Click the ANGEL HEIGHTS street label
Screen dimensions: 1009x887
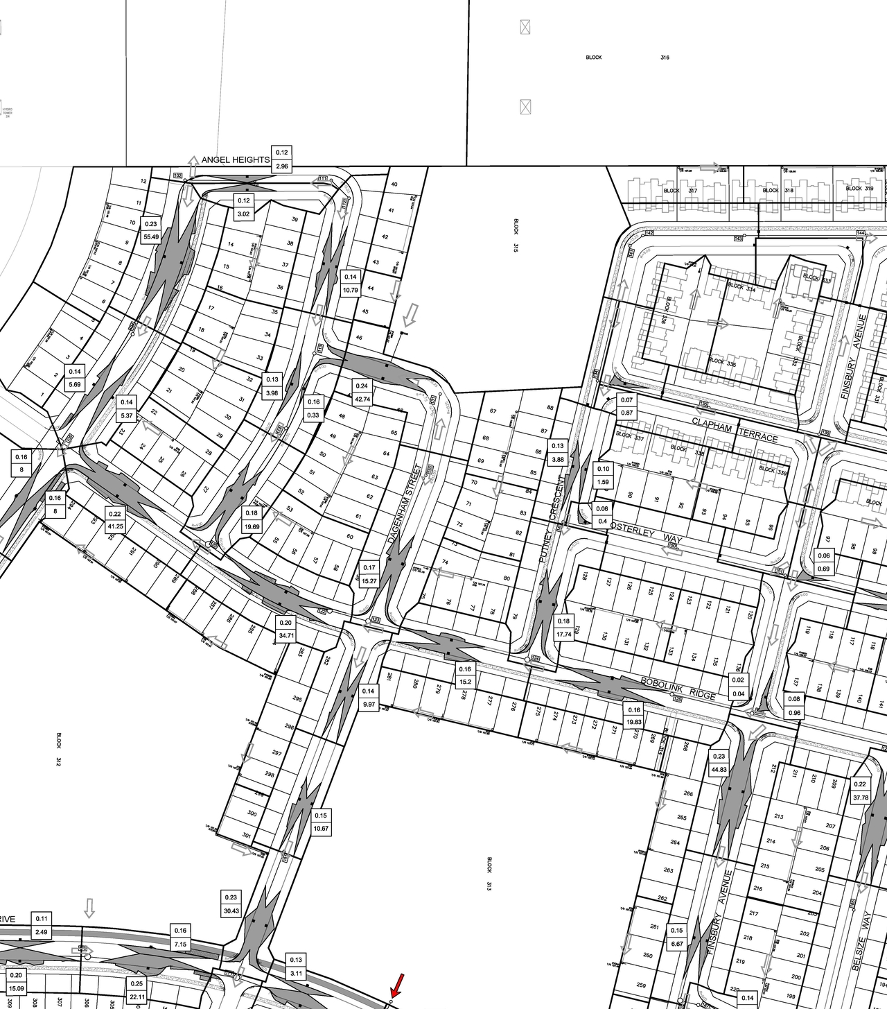tap(236, 160)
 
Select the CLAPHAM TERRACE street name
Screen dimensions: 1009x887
tap(735, 430)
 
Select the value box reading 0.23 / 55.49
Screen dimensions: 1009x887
tap(151, 230)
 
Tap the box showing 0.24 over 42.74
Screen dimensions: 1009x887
tap(362, 393)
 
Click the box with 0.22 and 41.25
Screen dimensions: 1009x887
tap(114, 520)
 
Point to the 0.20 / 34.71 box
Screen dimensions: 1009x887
tap(286, 628)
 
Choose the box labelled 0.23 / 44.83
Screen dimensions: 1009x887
tap(719, 764)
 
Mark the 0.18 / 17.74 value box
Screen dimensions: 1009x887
tap(563, 628)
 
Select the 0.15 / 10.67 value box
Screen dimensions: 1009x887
tap(321, 822)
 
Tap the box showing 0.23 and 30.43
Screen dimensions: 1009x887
tap(231, 904)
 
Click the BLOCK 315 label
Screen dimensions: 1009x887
tap(516, 236)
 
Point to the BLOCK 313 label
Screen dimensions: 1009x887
tap(489, 874)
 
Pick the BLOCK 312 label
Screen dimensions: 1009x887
tap(60, 749)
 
